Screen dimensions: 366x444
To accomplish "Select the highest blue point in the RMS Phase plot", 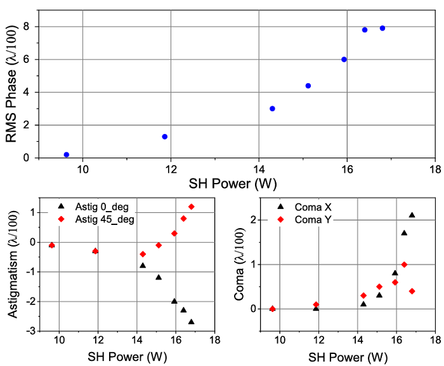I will (x=382, y=28).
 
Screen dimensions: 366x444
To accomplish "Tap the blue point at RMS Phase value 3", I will (x=272, y=109).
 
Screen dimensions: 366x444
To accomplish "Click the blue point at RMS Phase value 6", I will (x=344, y=59).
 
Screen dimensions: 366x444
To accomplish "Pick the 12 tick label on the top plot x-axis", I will (x=170, y=170).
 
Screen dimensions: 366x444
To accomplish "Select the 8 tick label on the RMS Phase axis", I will (x=27, y=27).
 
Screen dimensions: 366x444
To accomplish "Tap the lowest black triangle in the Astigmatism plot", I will (x=191, y=322).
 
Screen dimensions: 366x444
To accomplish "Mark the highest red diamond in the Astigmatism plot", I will (x=191, y=207).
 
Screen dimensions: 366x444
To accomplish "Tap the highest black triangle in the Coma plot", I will (x=412, y=215).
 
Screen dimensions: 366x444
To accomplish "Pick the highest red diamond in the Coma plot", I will (x=404, y=264).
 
